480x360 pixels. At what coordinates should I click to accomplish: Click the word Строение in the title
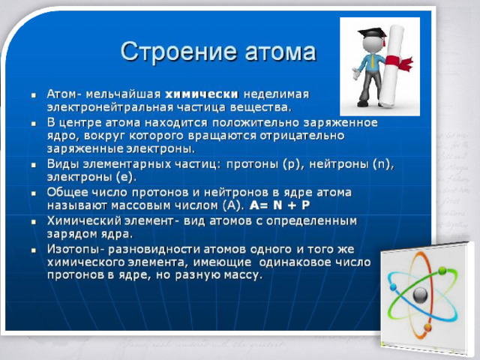coord(178,52)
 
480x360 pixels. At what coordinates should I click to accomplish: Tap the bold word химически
coord(202,94)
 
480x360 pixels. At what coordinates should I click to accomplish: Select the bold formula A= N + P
coord(280,205)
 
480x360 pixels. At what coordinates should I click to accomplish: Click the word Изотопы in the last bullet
coord(73,250)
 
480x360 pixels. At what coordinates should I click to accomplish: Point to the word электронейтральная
coord(111,107)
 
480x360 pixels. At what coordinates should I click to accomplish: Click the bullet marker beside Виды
coord(34,165)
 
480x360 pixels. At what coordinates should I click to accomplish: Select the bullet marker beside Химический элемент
coord(34,222)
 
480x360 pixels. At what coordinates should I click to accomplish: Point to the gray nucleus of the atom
coord(420,295)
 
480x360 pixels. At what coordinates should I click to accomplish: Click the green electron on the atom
coord(442,271)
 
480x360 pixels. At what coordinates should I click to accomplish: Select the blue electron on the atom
coord(393,287)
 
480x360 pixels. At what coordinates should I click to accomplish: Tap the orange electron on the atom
coord(427,328)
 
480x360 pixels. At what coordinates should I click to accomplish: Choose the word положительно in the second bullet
coord(256,123)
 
